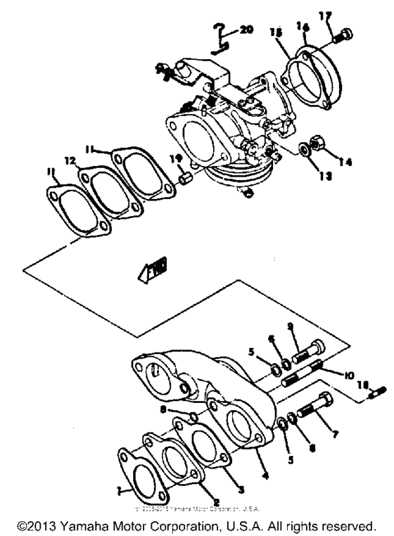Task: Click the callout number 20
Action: (x=245, y=30)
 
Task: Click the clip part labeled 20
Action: (x=220, y=37)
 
